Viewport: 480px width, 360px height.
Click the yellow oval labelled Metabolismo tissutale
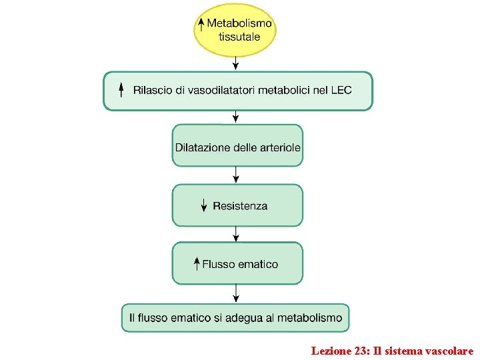tap(235, 30)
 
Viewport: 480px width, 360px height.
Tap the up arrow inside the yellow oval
tap(201, 25)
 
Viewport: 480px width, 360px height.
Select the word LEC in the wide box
tap(341, 90)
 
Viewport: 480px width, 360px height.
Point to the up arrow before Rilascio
tap(121, 90)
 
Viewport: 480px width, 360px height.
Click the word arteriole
tap(278, 147)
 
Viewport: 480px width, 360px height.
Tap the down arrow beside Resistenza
tap(204, 206)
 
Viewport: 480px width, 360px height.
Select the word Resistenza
tap(240, 206)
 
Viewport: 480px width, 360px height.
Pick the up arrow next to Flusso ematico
tap(197, 263)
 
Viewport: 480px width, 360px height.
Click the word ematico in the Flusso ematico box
tap(257, 264)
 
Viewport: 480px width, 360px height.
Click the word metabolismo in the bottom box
tap(309, 318)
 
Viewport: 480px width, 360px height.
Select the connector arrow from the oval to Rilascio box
tap(235, 63)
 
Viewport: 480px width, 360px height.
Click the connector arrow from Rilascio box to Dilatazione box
tap(235, 117)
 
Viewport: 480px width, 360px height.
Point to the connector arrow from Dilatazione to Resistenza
tap(235, 175)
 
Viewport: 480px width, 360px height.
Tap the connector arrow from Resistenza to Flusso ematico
tap(235, 234)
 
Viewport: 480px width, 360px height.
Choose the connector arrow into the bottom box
tap(235, 293)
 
